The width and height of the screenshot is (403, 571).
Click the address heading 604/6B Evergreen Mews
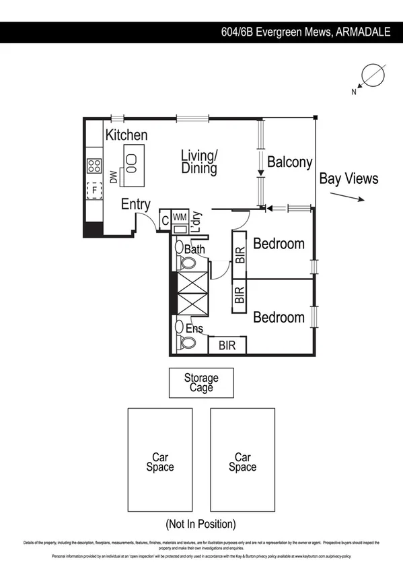tap(306, 32)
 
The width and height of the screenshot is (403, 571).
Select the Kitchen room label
tap(126, 135)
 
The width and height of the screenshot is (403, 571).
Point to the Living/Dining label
tap(199, 162)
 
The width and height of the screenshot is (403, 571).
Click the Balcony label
tap(289, 162)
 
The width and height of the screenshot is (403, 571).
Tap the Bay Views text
tap(349, 178)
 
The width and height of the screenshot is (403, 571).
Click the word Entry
tap(135, 205)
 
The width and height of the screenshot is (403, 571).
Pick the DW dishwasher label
tap(114, 178)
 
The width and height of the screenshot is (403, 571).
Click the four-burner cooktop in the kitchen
tap(94, 166)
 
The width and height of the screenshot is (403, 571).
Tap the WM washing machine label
tap(179, 217)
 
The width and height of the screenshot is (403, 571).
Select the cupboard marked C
tap(164, 220)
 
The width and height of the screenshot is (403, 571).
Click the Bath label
tap(194, 250)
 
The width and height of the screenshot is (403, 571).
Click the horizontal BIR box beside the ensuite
tap(227, 345)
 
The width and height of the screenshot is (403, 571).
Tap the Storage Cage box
tap(200, 382)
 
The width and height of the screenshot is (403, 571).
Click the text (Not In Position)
tap(200, 523)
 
